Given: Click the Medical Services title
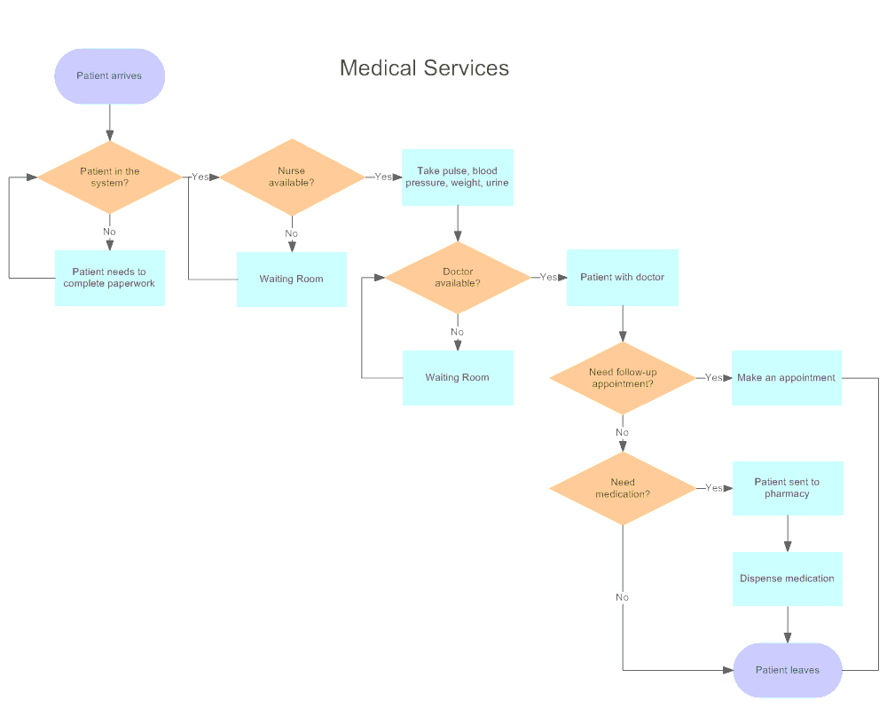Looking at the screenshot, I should pyautogui.click(x=424, y=68).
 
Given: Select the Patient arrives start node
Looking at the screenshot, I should pyautogui.click(x=109, y=76).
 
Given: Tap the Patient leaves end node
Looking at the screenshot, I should pyautogui.click(x=787, y=670).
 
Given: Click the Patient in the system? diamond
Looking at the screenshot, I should pyautogui.click(x=109, y=177).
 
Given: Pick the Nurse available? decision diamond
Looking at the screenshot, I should pyautogui.click(x=291, y=177).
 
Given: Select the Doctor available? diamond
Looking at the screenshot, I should pyautogui.click(x=457, y=278).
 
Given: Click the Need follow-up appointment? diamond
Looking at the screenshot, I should pyautogui.click(x=622, y=378).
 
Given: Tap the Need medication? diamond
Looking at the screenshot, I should pyautogui.click(x=622, y=488).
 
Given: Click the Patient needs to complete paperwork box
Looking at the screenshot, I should pyautogui.click(x=109, y=278).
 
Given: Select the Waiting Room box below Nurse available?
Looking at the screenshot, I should pyautogui.click(x=291, y=279).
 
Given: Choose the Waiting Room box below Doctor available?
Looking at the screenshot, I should pyautogui.click(x=457, y=377).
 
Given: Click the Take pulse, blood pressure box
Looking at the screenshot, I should pyautogui.click(x=457, y=177).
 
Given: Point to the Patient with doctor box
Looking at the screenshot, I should pyautogui.click(x=622, y=277).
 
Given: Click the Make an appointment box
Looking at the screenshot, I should pyautogui.click(x=786, y=377).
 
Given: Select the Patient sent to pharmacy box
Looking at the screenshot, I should pyautogui.click(x=787, y=488).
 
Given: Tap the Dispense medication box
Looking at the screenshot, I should pyautogui.click(x=787, y=579).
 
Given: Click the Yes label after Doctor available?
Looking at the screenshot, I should pyautogui.click(x=548, y=278).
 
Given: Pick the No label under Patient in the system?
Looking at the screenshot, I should pyautogui.click(x=109, y=232).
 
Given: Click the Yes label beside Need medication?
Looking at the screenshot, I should pyautogui.click(x=713, y=488).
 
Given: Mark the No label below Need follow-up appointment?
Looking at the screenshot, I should pyautogui.click(x=622, y=433).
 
